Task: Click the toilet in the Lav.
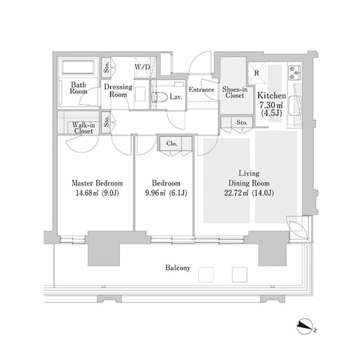coord(160,97)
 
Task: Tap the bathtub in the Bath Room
coord(78,67)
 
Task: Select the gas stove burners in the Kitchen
coord(295,73)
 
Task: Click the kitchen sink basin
coord(295,106)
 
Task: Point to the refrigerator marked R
coord(256,73)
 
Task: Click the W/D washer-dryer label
coord(142,67)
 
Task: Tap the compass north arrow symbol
coord(305,326)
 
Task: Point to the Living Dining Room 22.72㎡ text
coord(236,193)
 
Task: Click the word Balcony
coord(178,268)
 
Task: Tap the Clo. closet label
coord(172,144)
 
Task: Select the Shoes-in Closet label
coord(235,92)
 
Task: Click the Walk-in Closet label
coord(83,128)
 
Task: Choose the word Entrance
coord(201,89)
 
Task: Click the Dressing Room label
coord(118,91)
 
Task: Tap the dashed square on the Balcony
coord(206,274)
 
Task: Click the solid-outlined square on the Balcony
coord(240,274)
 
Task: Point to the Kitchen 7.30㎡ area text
coord(271,105)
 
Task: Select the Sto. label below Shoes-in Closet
coord(242,123)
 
